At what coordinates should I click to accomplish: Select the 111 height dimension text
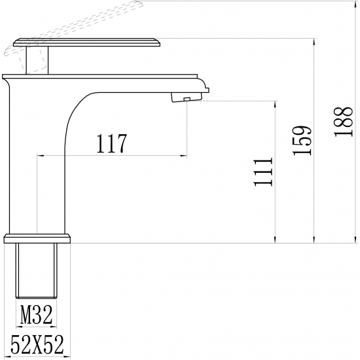click(x=262, y=171)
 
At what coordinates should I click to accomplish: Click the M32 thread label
click(x=37, y=317)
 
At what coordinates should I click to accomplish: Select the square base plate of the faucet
click(x=37, y=237)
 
